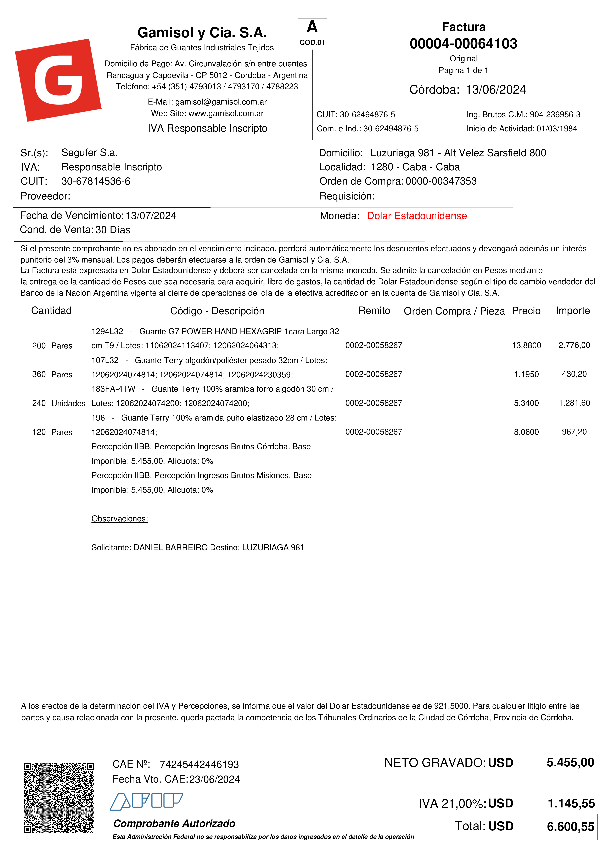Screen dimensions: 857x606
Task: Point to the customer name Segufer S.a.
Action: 90,153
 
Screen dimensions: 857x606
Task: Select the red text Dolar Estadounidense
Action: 417,216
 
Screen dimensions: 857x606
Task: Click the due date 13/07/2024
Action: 151,216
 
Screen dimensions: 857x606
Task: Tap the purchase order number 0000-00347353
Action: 441,181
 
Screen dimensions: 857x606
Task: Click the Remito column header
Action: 374,311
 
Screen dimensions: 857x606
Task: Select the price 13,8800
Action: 526,345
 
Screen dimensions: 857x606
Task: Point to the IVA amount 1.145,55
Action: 571,803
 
